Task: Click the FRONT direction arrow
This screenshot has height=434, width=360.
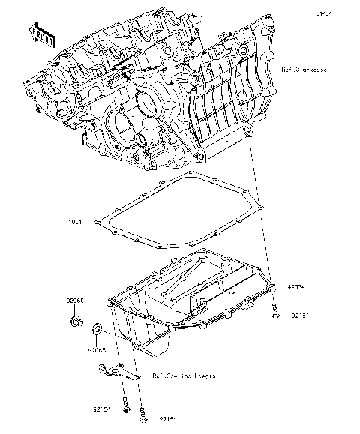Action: [41, 33]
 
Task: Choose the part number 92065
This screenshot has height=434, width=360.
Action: [96, 349]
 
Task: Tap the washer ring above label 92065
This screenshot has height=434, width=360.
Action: [97, 329]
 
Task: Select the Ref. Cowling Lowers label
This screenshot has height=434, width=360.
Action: [184, 376]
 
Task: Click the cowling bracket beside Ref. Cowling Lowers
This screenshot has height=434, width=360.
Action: [112, 369]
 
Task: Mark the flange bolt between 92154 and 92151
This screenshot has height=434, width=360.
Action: [124, 409]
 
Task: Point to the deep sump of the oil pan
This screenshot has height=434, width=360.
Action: [157, 341]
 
